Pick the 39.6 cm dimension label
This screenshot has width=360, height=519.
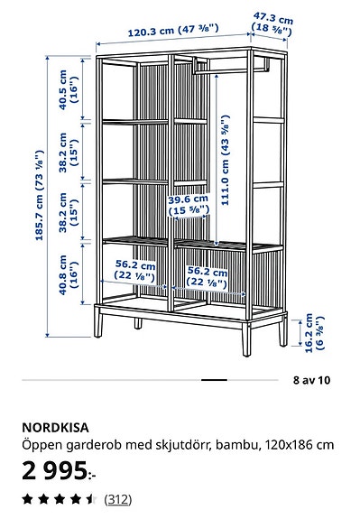pos(189,206)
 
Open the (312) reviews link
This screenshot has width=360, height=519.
pos(116,498)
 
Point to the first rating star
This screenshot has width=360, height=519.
pos(27,498)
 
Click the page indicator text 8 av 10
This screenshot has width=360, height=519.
pos(311,380)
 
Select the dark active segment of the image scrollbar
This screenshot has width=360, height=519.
pos(214,380)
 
